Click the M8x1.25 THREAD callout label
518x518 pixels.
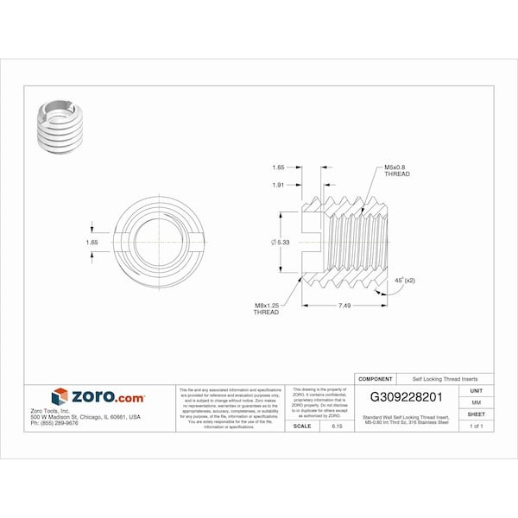[266, 309]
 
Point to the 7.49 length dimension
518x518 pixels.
[344, 306]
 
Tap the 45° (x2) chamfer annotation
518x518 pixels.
[404, 281]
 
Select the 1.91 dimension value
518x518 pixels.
[278, 184]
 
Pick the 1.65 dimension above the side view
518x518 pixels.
[278, 167]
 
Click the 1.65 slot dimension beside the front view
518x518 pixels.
[92, 243]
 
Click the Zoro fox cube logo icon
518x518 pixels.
[60, 396]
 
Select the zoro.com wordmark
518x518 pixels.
[107, 396]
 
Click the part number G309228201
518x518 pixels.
[406, 398]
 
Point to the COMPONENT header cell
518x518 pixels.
[376, 379]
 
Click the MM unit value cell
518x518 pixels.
[477, 402]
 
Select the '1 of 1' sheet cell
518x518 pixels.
[477, 426]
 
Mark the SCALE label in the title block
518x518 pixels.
[302, 426]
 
